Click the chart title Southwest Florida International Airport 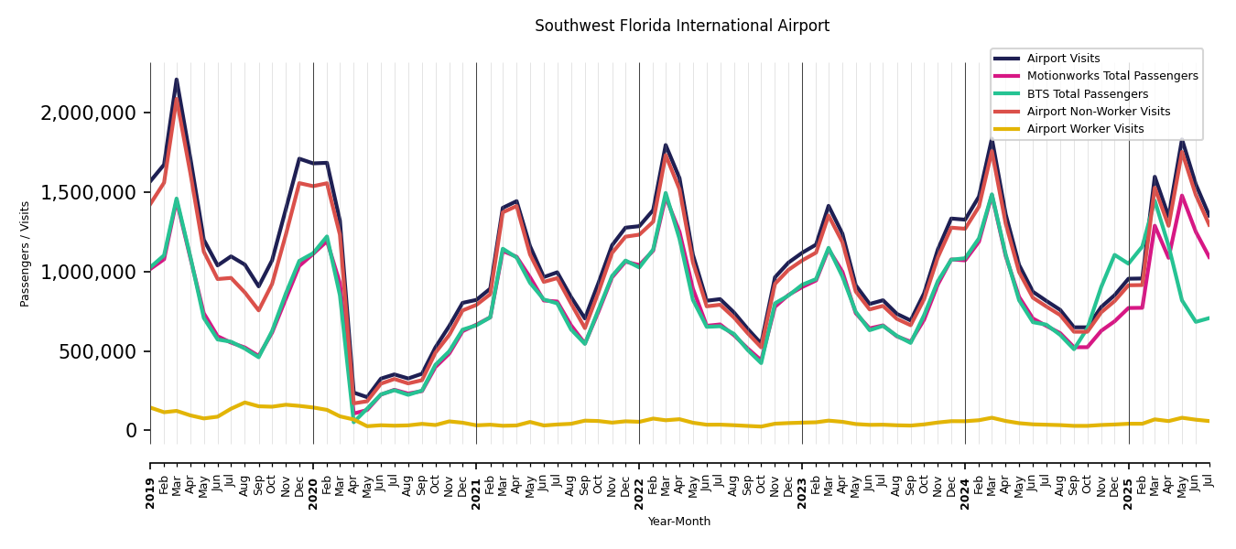pos(682,27)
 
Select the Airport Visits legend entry pos(1063,59)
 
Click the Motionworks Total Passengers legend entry pos(1111,76)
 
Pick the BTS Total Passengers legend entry pos(1087,94)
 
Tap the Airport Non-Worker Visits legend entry pos(1098,112)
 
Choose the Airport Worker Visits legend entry pos(1085,129)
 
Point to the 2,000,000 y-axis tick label pos(89,113)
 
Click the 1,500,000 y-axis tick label pos(89,193)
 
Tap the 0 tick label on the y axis pos(132,431)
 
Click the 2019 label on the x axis pos(150,480)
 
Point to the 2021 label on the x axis pos(476,480)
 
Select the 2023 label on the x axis pos(802,480)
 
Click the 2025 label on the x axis pos(1128,480)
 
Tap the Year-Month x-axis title pos(678,522)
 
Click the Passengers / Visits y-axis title pos(26,253)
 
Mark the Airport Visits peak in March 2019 pos(177,80)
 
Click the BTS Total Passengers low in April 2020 pos(353,421)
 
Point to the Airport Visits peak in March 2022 pos(666,145)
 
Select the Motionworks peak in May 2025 pos(1182,195)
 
